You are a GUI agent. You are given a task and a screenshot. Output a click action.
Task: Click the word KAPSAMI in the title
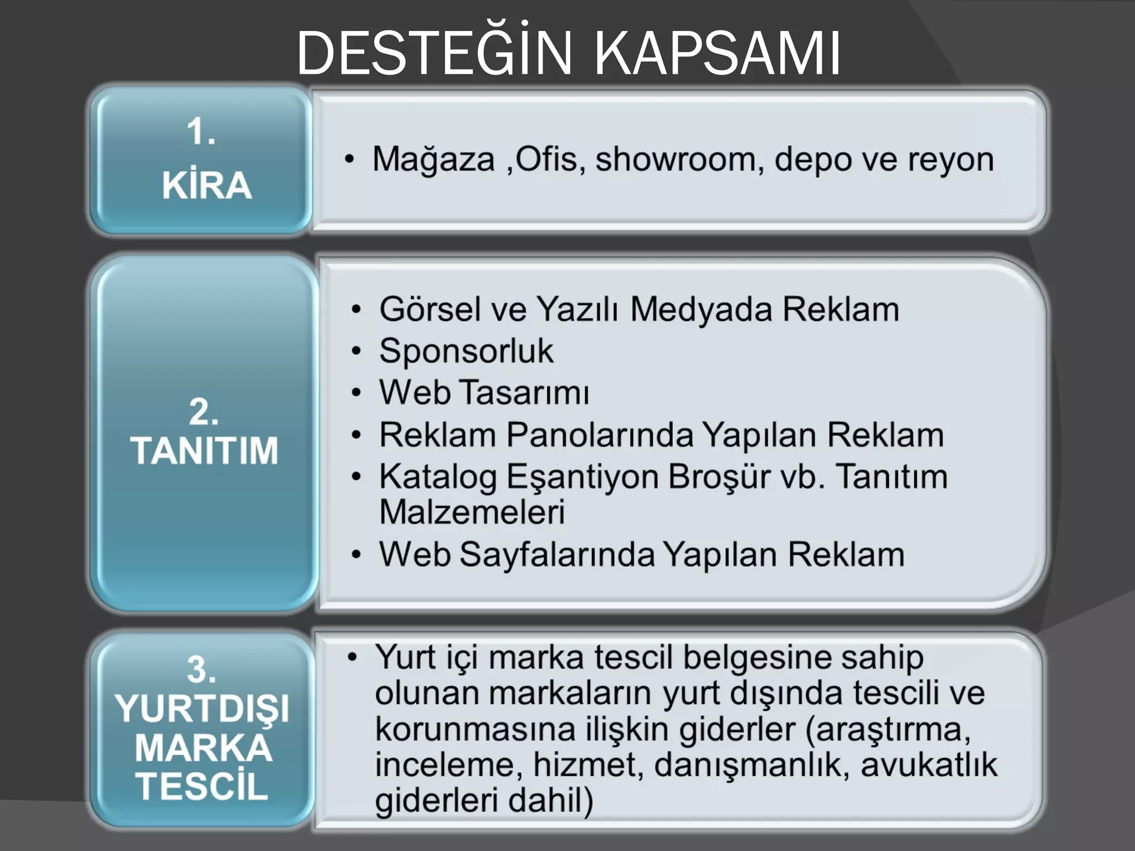(x=718, y=54)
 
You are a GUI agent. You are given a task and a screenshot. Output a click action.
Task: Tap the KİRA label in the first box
(x=207, y=185)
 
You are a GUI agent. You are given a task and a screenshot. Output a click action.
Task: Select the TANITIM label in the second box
(x=204, y=450)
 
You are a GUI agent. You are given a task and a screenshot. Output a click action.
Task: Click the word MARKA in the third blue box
(x=203, y=748)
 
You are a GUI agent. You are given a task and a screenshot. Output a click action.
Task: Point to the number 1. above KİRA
(x=201, y=132)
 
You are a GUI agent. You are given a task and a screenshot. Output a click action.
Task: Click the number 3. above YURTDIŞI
(x=201, y=669)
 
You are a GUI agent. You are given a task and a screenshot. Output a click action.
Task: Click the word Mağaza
(x=433, y=160)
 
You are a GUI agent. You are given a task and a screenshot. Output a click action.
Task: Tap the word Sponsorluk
(x=466, y=351)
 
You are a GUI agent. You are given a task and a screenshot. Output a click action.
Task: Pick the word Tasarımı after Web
(x=525, y=393)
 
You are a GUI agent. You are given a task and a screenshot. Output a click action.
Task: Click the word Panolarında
(x=600, y=435)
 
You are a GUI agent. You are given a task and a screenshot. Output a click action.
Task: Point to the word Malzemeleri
(x=472, y=512)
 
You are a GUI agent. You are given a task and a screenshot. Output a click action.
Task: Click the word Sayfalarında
(x=557, y=555)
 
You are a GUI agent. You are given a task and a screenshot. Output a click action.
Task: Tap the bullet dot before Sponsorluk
(x=356, y=351)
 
